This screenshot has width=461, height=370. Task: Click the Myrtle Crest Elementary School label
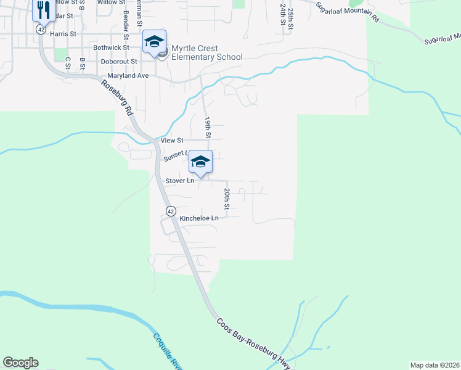(206, 52)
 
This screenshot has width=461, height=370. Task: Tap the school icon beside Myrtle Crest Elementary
(154, 42)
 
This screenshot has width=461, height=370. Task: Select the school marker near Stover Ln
(200, 162)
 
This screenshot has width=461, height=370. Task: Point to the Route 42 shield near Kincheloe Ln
(171, 211)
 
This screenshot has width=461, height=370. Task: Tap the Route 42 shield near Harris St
(41, 29)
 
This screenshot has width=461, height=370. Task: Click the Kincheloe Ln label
(199, 218)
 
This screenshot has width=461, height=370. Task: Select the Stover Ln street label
(180, 181)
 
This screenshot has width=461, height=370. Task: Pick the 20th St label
(227, 199)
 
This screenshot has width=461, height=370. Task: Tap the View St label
(172, 141)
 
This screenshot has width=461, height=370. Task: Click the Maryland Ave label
(128, 75)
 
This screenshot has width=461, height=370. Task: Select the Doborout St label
(119, 62)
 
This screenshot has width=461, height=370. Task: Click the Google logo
(20, 363)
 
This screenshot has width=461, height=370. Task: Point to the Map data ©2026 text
(434, 365)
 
